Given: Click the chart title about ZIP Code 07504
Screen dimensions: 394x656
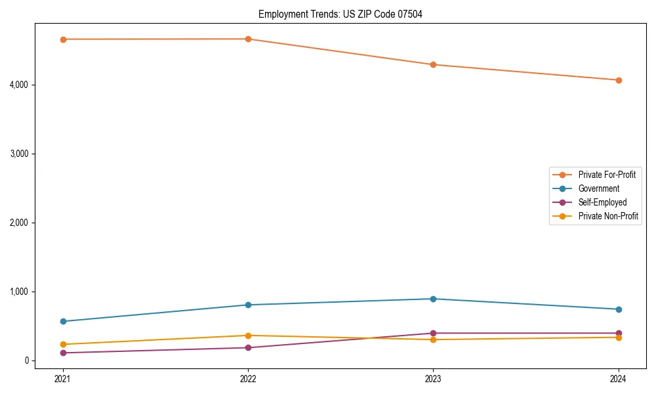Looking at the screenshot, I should tap(340, 14).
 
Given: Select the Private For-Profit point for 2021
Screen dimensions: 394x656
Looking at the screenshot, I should tap(63, 39).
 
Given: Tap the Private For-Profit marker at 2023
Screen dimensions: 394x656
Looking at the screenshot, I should tap(433, 64).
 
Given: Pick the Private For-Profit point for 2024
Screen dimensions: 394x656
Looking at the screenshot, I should tap(619, 80).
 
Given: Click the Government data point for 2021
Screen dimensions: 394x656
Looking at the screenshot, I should tap(63, 321).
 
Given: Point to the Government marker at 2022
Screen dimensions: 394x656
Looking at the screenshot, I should tap(248, 305).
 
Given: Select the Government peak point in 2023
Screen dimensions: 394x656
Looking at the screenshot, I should tap(433, 299).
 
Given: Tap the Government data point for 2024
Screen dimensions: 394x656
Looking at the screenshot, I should tap(619, 309).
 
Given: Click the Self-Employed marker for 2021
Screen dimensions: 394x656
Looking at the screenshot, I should tap(63, 353).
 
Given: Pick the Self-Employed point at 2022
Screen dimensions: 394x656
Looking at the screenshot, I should tap(248, 347).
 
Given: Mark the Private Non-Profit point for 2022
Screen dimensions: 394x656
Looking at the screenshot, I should tap(248, 336).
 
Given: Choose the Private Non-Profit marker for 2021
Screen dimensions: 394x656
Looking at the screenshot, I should tap(63, 344).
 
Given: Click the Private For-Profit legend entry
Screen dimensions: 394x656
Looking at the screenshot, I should tap(606, 175).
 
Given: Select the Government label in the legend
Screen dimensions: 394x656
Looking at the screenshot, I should tap(598, 188).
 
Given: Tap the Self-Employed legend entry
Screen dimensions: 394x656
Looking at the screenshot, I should tap(602, 202).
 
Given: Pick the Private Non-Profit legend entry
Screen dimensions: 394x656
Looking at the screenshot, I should tap(608, 216).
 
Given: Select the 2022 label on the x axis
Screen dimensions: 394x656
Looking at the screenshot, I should tap(248, 379).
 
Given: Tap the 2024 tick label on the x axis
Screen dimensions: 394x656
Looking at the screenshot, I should tap(619, 379).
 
